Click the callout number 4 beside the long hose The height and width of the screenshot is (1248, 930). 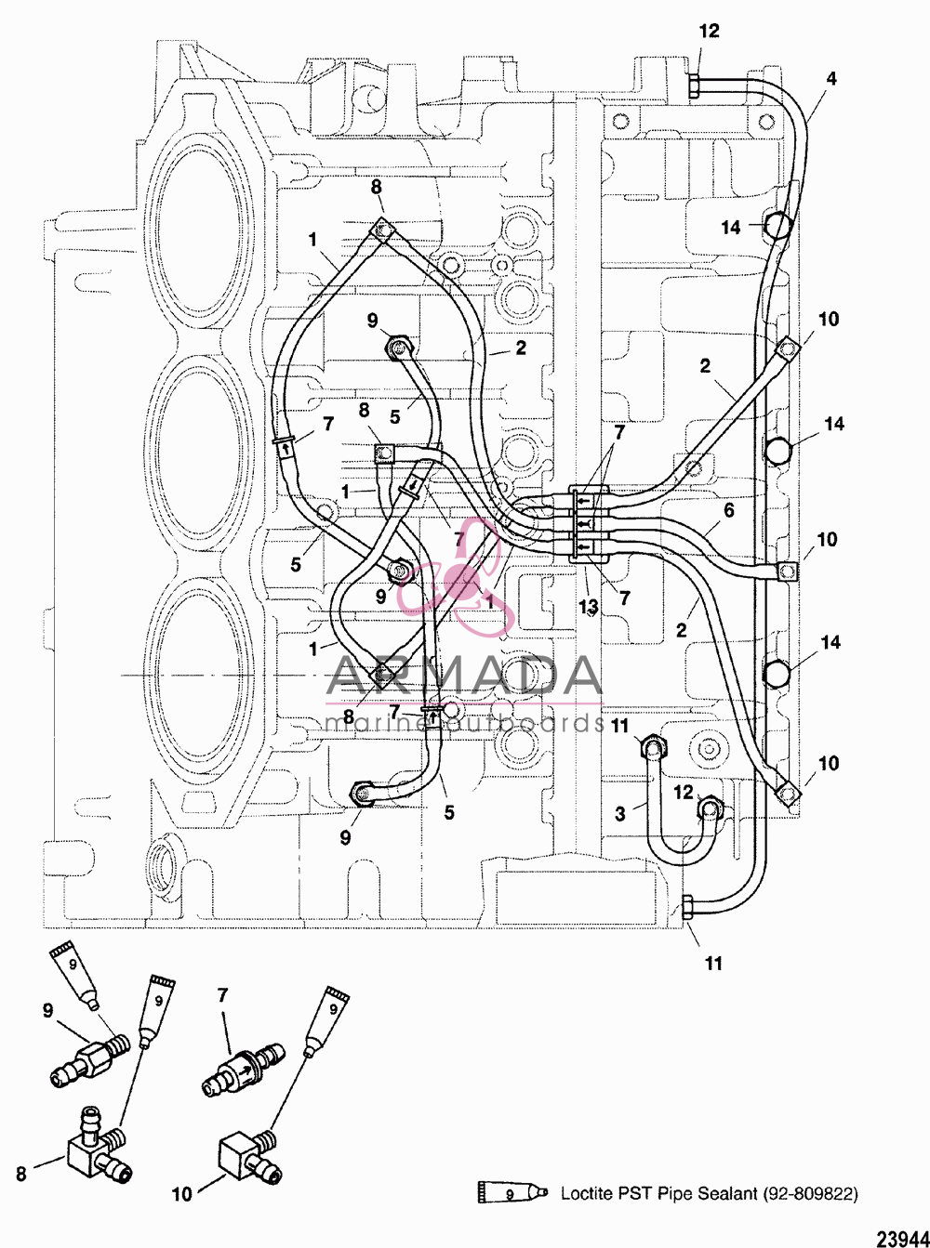click(830, 79)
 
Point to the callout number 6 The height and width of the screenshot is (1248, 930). click(729, 510)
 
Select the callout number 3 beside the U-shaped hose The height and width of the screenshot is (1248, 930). click(619, 814)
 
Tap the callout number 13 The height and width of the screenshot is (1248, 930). click(589, 607)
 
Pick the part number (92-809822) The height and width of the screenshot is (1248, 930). click(810, 1193)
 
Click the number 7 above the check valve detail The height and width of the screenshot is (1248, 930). click(222, 996)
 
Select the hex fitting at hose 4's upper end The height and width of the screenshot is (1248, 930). click(694, 85)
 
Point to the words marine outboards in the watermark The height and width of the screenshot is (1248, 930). click(465, 722)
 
